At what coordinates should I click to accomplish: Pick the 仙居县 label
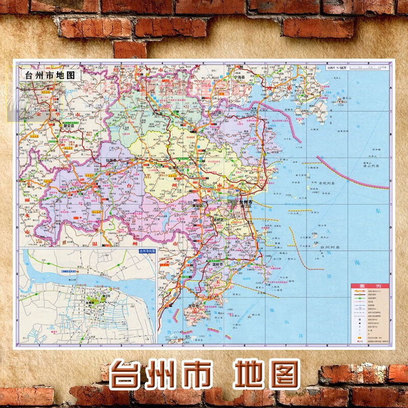[111, 160]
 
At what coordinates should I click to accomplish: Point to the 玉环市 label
[195, 305]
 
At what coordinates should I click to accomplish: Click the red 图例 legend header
[370, 286]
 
